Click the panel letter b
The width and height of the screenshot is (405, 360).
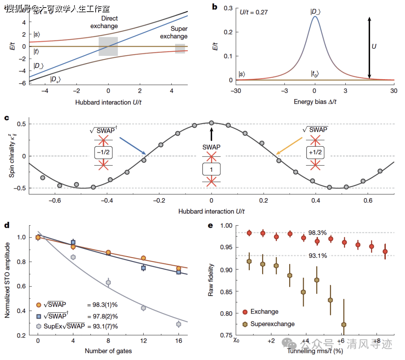coord(215,6)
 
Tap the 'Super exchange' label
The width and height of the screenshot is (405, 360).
coord(179,33)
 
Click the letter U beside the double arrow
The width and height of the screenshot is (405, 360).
coord(373,47)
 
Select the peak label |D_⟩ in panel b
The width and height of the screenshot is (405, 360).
coord(315,12)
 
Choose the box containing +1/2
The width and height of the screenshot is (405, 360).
coord(315,152)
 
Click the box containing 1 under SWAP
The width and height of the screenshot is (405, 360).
coord(211,169)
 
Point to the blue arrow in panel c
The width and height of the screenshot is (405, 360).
coord(133,146)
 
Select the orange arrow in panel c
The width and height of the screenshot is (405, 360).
coord(289,146)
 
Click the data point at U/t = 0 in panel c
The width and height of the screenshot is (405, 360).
coord(211,123)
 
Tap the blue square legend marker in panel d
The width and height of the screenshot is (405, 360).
coord(39,316)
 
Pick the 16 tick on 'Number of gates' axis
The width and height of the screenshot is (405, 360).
coord(178,340)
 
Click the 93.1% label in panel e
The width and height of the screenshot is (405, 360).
coord(318,256)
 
